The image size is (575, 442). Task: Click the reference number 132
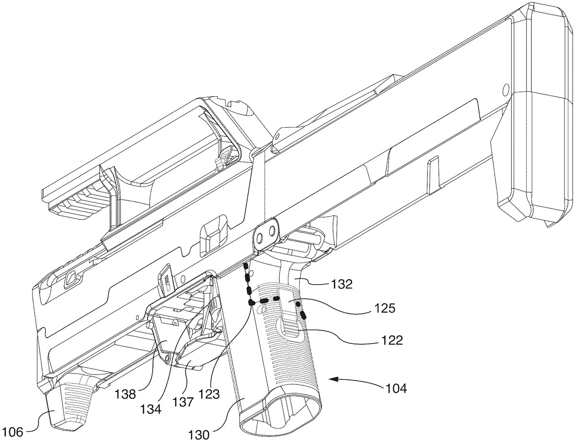342,284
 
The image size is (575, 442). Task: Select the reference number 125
384,308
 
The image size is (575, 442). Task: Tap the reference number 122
391,340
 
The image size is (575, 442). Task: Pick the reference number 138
125,395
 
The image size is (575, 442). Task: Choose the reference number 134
150,409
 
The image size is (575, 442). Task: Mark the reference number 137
184,402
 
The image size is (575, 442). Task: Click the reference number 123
209,394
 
